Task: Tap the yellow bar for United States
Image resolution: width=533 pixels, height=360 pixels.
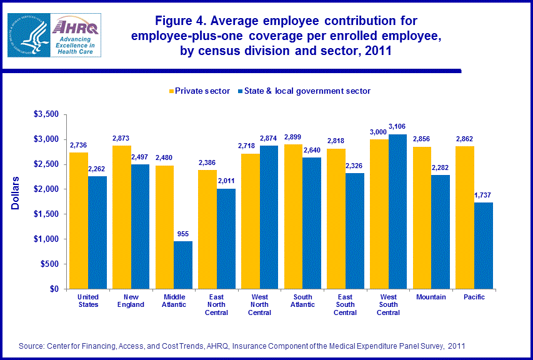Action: pos(79,221)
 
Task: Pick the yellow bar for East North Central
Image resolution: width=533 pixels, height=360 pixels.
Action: pos(207,229)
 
